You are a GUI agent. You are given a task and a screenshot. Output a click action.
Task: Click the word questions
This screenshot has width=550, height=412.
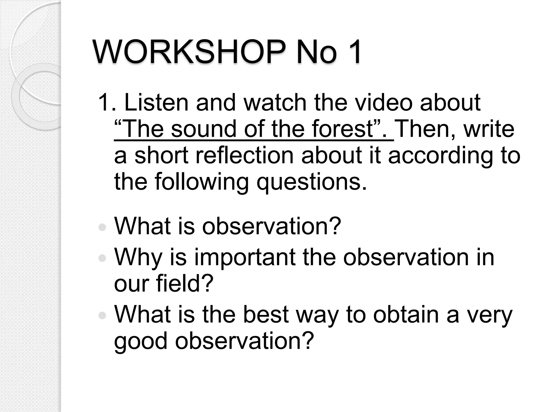tap(312, 182)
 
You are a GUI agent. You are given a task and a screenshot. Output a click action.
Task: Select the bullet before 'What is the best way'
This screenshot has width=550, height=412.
tap(102, 316)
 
